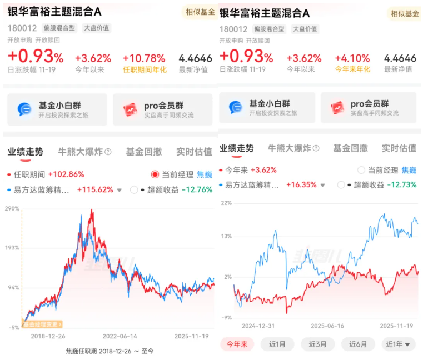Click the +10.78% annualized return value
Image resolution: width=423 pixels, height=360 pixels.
[x=144, y=58]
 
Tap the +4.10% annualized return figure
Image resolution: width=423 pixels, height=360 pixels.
[x=352, y=58]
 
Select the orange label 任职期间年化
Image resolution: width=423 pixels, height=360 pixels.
[x=144, y=70]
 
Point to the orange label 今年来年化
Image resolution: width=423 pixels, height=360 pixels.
[x=352, y=69]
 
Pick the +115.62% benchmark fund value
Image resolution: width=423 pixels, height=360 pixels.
[x=94, y=189]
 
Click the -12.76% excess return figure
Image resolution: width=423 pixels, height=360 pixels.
[x=197, y=189]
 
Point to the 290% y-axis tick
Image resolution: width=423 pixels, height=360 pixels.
[x=13, y=209]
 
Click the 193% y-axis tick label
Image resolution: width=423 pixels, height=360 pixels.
[x=13, y=248]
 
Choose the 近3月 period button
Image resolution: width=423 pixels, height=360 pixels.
[x=317, y=344]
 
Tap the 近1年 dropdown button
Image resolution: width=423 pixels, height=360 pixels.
[x=398, y=344]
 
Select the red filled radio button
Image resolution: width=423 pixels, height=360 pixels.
[x=155, y=174]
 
